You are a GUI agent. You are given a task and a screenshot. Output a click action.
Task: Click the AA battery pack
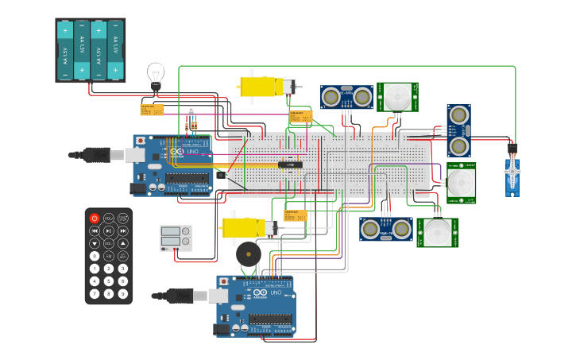coord(90,50)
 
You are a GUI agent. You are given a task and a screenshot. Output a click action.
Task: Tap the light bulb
coord(156,75)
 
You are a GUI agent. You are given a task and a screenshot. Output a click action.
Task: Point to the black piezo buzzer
coord(248,255)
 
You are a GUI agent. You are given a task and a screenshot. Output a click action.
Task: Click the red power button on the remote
coord(95,218)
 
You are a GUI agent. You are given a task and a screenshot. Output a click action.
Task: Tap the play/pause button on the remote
coord(109,230)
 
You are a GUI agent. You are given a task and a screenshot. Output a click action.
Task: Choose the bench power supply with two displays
coord(176,238)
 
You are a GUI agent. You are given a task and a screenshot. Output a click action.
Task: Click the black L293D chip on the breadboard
coord(290,165)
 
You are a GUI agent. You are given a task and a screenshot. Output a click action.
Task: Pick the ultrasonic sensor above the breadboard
coord(346,97)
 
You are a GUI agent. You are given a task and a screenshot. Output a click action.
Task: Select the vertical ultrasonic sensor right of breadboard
coord(458,130)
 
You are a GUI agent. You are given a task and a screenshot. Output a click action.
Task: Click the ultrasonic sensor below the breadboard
coord(385,229)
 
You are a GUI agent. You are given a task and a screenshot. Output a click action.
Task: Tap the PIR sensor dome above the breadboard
coord(397,97)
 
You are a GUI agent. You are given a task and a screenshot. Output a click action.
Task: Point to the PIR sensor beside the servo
coord(460,183)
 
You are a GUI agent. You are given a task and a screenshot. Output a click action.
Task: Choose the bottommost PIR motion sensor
coord(437,233)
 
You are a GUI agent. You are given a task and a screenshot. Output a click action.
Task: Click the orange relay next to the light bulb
coord(151,110)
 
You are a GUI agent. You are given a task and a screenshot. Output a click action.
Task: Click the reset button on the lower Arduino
coord(224,282)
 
